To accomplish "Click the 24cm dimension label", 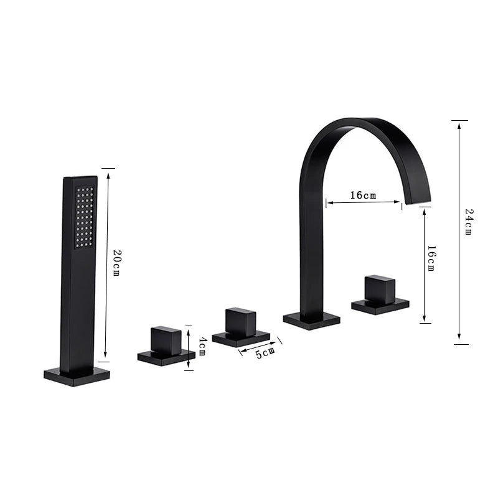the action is coord(469,222).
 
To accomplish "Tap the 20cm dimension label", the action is coord(116,263).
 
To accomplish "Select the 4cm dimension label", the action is coord(203,347).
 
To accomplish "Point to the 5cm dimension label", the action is coord(266,352).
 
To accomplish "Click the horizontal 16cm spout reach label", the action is coord(363,195).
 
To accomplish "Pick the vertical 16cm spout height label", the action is coord(431,258).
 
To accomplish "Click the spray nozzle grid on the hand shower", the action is coord(85,217).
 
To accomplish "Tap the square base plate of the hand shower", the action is coord(77,377).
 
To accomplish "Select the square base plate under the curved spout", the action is coord(312,321).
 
